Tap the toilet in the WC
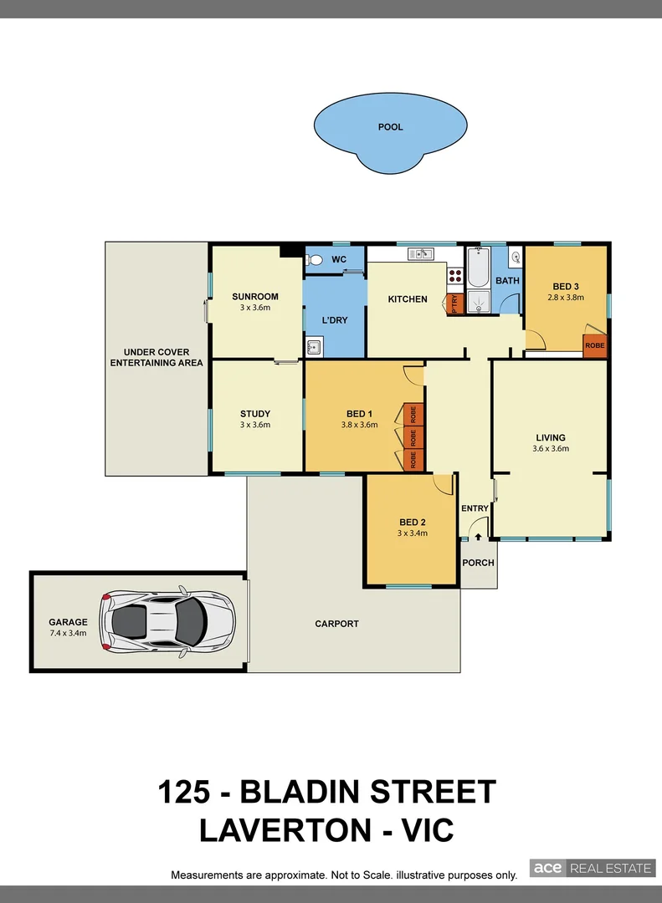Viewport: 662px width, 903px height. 314,261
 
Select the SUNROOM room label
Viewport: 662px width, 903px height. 255,297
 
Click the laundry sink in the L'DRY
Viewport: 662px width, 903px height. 314,346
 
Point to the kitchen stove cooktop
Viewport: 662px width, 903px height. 456,277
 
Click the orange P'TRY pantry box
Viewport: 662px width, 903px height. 454,304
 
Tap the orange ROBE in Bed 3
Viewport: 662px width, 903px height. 595,345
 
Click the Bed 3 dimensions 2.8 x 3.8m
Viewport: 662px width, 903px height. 565,297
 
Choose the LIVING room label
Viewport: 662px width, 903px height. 551,437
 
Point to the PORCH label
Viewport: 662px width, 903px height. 479,563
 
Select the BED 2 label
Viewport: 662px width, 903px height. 413,523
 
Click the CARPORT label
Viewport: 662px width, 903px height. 336,624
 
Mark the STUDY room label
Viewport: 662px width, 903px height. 255,413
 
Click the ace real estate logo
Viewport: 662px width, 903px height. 591,868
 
